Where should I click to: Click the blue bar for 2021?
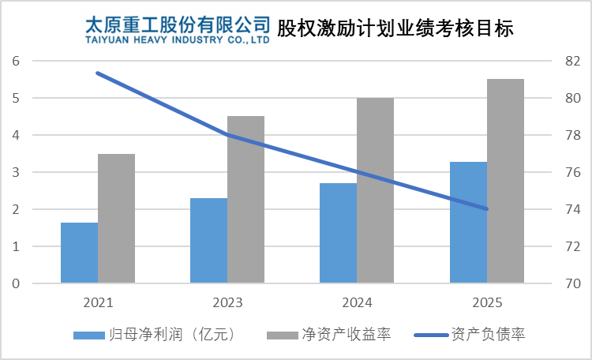[x=79, y=253]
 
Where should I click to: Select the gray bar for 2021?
[x=116, y=218]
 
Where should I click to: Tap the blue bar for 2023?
[x=208, y=240]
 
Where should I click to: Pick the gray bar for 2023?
[x=245, y=199]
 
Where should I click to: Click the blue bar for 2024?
[x=338, y=233]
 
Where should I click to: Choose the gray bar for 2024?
[x=375, y=190]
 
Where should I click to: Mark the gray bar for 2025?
[x=505, y=181]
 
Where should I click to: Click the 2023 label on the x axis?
[x=227, y=302]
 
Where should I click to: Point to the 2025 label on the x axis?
[x=486, y=302]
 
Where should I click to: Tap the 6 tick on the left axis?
[x=16, y=61]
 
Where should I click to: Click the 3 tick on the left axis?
[x=16, y=172]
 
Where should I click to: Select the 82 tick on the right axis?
[x=573, y=61]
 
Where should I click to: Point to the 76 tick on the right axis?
[x=573, y=172]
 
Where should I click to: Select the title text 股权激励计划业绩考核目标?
[x=395, y=29]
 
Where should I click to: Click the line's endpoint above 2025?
[x=487, y=209]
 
